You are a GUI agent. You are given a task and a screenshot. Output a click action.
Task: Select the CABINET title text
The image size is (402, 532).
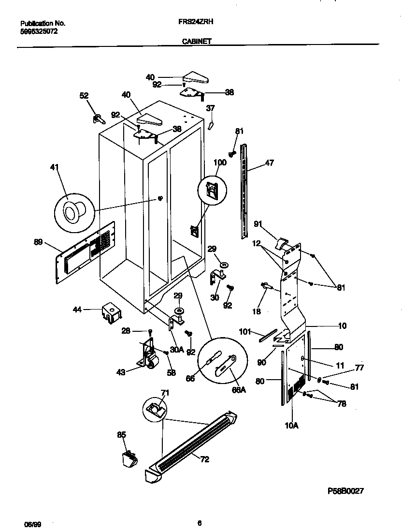tap(196, 42)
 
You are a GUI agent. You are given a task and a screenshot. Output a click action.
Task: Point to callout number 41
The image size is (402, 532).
tap(55, 167)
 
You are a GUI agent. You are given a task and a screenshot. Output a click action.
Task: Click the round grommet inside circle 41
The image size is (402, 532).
tap(73, 211)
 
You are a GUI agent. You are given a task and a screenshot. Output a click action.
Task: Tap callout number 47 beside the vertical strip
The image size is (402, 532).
tap(269, 163)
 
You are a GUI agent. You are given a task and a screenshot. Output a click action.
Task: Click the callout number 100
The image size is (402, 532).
tap(220, 163)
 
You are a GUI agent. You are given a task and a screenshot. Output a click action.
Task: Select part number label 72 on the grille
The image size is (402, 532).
tap(204, 459)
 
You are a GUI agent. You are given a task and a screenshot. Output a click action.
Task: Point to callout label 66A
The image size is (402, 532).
tap(239, 389)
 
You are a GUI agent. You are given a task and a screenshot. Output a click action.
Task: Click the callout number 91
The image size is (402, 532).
tap(258, 224)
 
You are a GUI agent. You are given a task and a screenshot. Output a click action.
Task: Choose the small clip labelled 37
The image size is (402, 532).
tap(210, 125)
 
